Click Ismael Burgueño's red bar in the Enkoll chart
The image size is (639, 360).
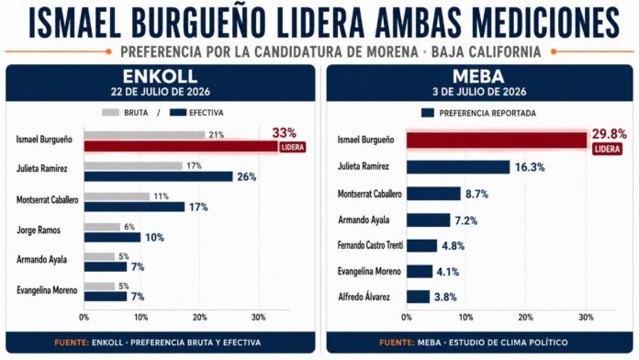(x=181, y=146)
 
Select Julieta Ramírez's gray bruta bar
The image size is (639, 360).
(x=133, y=166)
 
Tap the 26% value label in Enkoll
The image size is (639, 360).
(x=247, y=177)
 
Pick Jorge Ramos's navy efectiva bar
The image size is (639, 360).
(x=113, y=237)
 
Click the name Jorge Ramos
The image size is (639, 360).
(x=39, y=231)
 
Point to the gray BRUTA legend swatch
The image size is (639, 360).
(x=110, y=113)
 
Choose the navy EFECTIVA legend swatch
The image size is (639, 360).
(x=178, y=113)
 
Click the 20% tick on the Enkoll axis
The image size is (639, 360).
(x=200, y=317)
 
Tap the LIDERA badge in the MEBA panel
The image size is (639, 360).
(x=607, y=149)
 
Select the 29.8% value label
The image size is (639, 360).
(x=610, y=134)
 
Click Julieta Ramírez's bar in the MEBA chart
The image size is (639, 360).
(x=458, y=167)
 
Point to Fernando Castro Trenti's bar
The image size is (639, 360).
(x=421, y=246)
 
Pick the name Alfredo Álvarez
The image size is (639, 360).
(x=364, y=298)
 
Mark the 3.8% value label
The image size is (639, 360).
(x=445, y=298)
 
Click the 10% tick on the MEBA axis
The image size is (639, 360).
(x=465, y=317)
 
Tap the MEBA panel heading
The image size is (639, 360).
(x=478, y=76)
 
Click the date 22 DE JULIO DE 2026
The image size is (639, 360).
(x=161, y=91)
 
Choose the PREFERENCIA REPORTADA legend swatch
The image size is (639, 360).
(x=428, y=113)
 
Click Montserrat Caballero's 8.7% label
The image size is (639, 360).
(x=476, y=194)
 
